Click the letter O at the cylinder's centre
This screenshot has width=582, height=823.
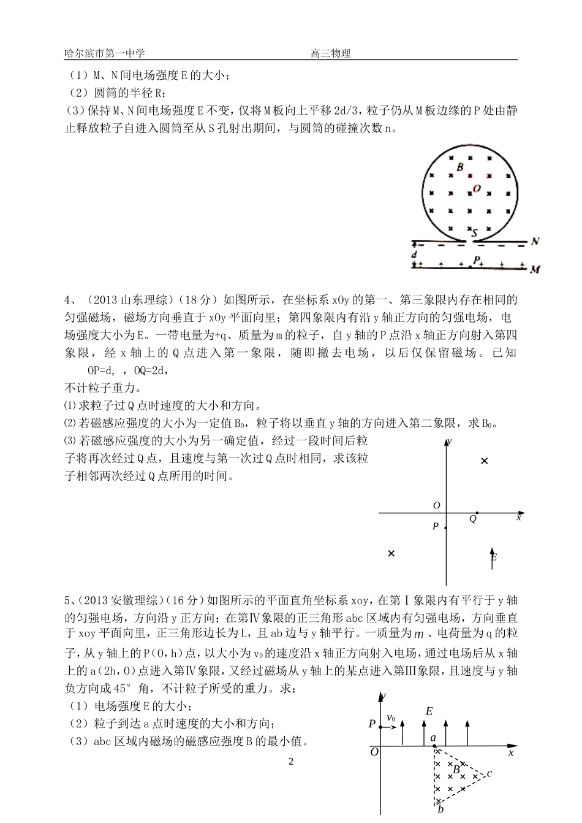[x=477, y=189]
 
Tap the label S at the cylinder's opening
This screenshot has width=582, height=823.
[x=474, y=232]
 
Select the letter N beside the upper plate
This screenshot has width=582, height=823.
[x=535, y=241]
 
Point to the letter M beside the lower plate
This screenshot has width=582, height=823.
[x=535, y=269]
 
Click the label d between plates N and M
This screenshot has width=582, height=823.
[x=415, y=254]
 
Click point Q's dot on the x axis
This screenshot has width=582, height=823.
[x=477, y=513]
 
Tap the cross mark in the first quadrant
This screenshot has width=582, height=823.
[x=485, y=461]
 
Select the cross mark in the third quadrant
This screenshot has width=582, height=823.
[x=391, y=553]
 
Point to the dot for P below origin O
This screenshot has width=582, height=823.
[x=446, y=527]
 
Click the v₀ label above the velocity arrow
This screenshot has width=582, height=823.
[x=391, y=718]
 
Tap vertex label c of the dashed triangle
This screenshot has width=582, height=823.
[x=489, y=774]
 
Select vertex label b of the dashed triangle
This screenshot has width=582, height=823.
[x=441, y=810]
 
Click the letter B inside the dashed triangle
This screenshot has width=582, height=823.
[x=456, y=770]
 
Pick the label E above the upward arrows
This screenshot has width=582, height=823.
[x=429, y=711]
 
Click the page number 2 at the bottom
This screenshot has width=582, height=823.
[x=291, y=762]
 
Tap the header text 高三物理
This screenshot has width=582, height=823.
[x=331, y=53]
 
